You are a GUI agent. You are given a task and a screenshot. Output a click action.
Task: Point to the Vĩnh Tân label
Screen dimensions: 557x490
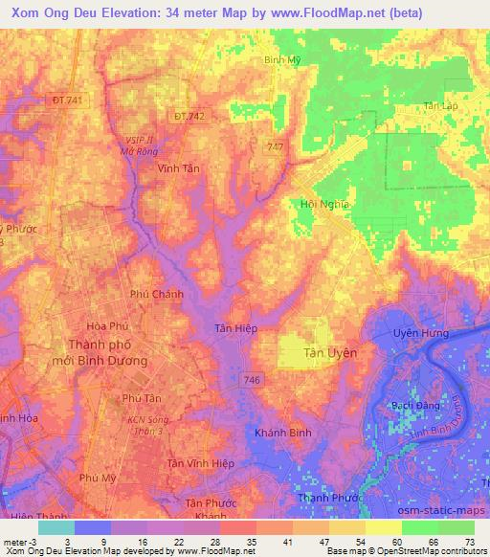[x=178, y=167]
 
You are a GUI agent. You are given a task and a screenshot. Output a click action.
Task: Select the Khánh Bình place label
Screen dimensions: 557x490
[x=282, y=433]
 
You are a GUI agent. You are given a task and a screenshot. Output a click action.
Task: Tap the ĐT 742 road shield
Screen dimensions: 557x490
[x=189, y=116]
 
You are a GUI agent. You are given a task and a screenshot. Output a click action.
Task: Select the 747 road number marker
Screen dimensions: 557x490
[x=276, y=145]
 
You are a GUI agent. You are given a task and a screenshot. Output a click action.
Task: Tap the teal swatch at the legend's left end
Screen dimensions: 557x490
[x=56, y=527]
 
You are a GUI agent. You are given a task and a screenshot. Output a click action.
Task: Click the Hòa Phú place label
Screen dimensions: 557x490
[x=106, y=325]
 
